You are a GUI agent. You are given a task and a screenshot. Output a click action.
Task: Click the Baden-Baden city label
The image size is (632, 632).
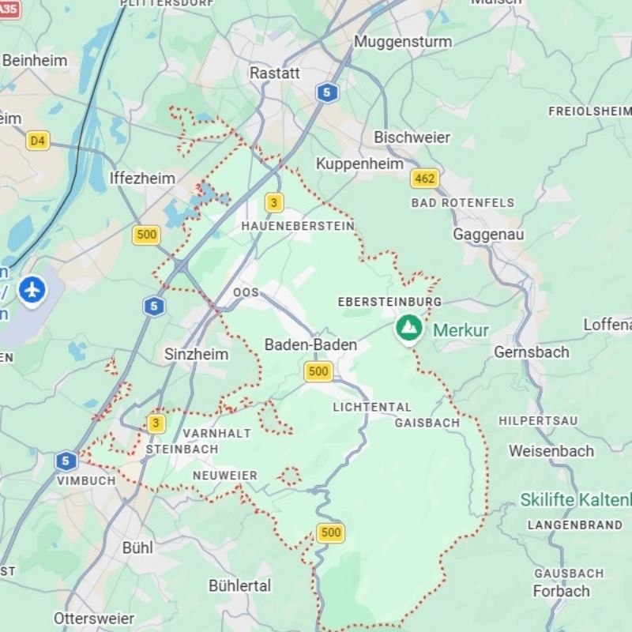pyautogui.click(x=310, y=345)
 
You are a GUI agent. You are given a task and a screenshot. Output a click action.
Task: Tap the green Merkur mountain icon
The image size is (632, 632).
pyautogui.click(x=408, y=328)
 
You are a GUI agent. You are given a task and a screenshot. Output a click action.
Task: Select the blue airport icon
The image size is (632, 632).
pyautogui.click(x=32, y=290)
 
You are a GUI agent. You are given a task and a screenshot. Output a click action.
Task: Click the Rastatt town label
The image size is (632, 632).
pyautogui.click(x=275, y=73)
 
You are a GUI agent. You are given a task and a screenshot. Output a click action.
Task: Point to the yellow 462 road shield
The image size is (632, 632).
pyautogui.click(x=424, y=179)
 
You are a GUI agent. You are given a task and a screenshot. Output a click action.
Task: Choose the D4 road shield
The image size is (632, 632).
pyautogui.click(x=37, y=141)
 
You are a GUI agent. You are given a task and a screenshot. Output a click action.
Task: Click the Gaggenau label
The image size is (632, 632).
pyautogui.click(x=488, y=235)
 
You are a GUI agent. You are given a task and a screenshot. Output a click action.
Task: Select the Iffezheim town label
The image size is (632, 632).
pyautogui.click(x=142, y=178)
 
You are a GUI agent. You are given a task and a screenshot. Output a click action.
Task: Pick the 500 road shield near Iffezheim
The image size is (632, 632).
pyautogui.click(x=146, y=235)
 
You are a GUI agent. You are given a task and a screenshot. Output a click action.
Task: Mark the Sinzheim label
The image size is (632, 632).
pyautogui.click(x=196, y=354)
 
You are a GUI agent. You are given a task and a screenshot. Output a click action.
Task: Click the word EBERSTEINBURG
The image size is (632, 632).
pyautogui.click(x=389, y=302)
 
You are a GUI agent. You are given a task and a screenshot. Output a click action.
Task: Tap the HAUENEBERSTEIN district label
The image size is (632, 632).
pyautogui.click(x=298, y=226)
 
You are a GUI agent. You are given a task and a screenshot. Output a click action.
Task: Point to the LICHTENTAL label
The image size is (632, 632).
pyautogui.click(x=372, y=408)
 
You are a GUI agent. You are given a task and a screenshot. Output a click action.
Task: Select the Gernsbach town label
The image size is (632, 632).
pyautogui.click(x=531, y=352)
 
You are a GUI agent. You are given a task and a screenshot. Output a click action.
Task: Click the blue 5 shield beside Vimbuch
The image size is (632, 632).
pyautogui.click(x=66, y=461)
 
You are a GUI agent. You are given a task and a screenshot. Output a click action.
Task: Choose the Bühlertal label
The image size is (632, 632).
pyautogui.click(x=239, y=585)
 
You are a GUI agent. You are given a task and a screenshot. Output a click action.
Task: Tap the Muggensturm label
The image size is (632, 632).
pyautogui.click(x=403, y=41)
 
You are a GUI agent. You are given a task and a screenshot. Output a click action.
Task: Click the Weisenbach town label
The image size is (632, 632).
pyautogui.click(x=551, y=451)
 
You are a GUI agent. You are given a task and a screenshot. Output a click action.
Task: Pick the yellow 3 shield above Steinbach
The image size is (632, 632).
pyautogui.click(x=156, y=423)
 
